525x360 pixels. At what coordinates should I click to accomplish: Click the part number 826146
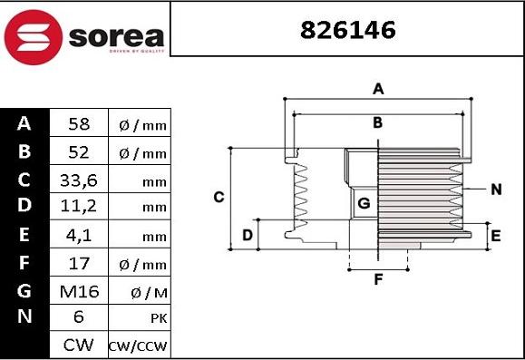347,30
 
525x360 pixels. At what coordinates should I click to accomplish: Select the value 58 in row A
78,124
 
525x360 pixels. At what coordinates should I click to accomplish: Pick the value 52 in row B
78,152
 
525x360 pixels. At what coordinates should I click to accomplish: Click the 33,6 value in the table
78,180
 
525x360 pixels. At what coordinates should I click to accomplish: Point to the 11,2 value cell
78,208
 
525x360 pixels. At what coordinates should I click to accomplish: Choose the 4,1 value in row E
78,236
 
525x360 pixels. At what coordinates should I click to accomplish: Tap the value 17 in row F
78,264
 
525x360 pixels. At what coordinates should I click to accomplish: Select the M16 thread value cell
78,292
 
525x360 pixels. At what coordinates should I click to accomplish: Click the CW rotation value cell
78,345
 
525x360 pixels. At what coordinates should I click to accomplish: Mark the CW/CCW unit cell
138,345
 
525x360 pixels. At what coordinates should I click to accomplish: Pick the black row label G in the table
24,291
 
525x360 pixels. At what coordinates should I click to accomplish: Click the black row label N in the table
24,317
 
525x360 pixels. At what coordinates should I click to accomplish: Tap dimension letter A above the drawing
378,89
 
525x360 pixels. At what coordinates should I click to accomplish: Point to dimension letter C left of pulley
218,197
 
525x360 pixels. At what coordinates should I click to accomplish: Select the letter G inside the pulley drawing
363,203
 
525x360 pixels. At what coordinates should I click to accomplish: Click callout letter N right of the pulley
495,190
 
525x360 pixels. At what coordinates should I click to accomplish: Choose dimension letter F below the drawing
378,279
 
